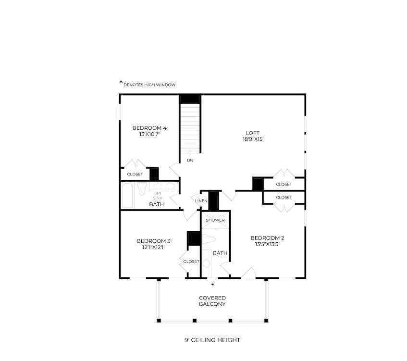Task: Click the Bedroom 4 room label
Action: [x=149, y=128]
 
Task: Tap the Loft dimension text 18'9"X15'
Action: [x=253, y=139]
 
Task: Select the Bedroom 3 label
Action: [x=153, y=241]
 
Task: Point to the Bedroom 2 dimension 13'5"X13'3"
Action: [x=267, y=244]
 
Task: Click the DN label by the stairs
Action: [x=190, y=161]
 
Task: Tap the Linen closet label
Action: [x=201, y=201]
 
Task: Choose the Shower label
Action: [x=215, y=220]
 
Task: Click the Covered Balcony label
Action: [x=212, y=301]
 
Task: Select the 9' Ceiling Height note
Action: [x=212, y=340]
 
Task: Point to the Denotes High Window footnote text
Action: [x=149, y=85]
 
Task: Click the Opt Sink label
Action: [x=158, y=196]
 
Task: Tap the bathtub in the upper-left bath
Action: [x=127, y=196]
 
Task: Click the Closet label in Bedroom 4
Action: [x=135, y=174]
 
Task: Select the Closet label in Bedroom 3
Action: [x=191, y=261]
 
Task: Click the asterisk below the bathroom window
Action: [x=212, y=285]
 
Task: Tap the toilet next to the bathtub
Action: [x=142, y=188]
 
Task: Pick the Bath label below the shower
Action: [x=220, y=253]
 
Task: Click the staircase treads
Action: [x=190, y=128]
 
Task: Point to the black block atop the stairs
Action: [x=190, y=99]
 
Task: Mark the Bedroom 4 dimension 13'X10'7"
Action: [x=150, y=134]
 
